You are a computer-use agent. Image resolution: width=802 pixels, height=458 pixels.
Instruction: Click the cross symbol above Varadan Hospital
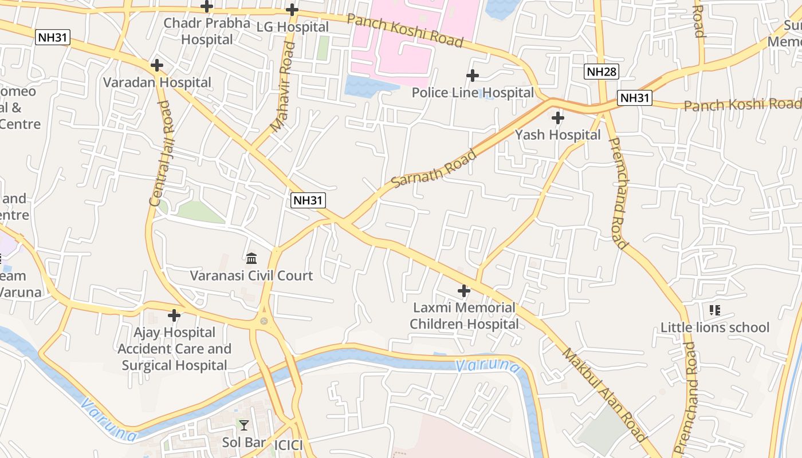(x=156, y=65)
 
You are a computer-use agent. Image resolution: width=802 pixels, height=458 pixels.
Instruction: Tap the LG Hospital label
(x=292, y=27)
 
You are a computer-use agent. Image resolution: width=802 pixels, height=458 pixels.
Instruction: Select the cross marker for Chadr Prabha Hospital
(x=207, y=7)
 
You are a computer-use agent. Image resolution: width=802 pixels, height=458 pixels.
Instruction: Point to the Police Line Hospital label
(x=473, y=93)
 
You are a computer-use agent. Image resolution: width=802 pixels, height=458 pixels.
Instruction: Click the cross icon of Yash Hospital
(x=557, y=118)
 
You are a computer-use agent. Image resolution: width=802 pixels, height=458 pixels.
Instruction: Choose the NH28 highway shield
(x=601, y=72)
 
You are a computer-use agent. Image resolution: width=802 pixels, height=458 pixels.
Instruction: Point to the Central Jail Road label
(x=159, y=153)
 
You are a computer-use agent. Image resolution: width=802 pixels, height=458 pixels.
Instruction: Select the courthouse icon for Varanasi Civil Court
(x=251, y=258)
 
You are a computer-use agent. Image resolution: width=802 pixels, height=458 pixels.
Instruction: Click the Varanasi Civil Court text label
(x=251, y=275)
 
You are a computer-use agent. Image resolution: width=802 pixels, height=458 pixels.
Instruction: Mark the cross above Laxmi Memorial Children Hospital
(x=464, y=291)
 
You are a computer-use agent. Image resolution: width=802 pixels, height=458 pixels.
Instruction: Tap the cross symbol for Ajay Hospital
(x=174, y=315)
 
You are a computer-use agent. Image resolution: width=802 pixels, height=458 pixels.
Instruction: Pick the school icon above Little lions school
(x=714, y=310)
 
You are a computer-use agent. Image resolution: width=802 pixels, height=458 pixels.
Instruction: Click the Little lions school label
(x=715, y=327)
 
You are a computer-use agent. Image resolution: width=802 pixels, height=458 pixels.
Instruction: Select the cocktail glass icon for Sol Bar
(x=244, y=425)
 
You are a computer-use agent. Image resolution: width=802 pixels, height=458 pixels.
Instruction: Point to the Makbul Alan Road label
(x=604, y=395)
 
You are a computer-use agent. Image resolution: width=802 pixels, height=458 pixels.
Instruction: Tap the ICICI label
(x=288, y=445)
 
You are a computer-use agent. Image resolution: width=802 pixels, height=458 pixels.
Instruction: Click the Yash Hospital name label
(x=557, y=135)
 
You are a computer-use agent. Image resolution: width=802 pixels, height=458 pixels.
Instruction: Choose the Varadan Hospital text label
(x=157, y=82)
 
